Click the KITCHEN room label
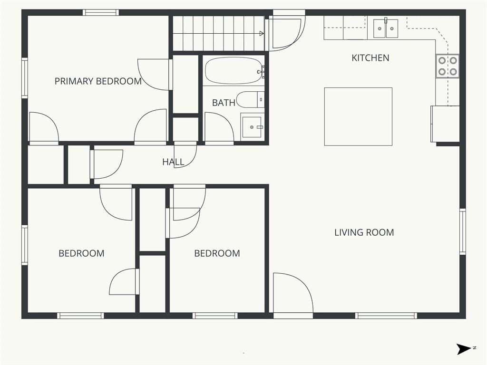point(370,58)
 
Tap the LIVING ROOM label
point(364,232)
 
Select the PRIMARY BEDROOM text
point(98,81)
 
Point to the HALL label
point(173,162)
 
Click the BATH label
point(224,103)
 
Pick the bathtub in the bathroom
point(234,70)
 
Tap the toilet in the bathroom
point(250,100)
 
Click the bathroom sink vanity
point(252,125)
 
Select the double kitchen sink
point(386,28)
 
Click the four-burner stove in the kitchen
point(448,66)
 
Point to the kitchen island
point(358,116)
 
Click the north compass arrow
point(464,349)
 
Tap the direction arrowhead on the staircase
point(262,33)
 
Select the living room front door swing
point(292,293)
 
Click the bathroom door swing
point(219,128)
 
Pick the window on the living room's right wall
point(462,231)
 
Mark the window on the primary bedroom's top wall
point(101,12)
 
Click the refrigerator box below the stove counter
point(445,124)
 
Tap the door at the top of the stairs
point(285,33)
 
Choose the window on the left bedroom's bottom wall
point(81,316)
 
